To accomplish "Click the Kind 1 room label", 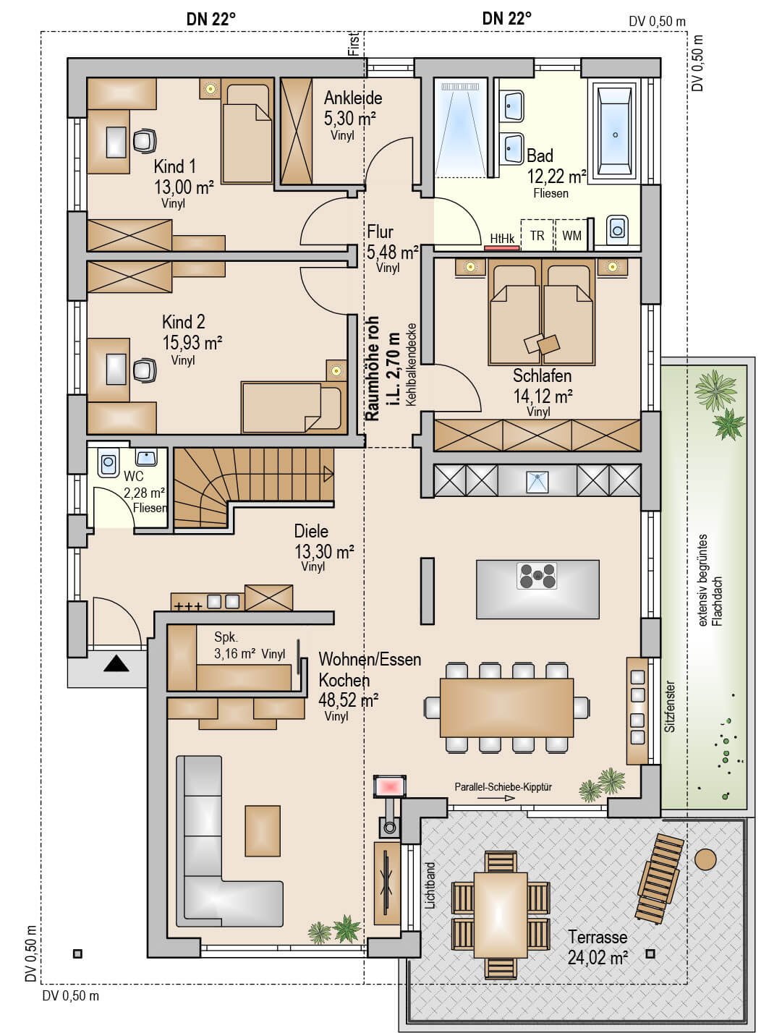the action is pyautogui.click(x=174, y=166).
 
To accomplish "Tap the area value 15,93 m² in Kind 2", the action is pyautogui.click(x=192, y=343).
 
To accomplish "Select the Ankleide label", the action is pyautogui.click(x=353, y=98).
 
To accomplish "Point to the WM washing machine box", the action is pyautogui.click(x=571, y=235).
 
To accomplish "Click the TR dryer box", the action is pyautogui.click(x=537, y=235).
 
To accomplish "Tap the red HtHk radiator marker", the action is pyautogui.click(x=502, y=247).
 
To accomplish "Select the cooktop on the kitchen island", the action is pyautogui.click(x=537, y=576).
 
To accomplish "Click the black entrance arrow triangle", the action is pyautogui.click(x=116, y=664).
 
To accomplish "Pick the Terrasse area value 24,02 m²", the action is pyautogui.click(x=598, y=958).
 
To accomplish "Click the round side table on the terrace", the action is pyautogui.click(x=705, y=859).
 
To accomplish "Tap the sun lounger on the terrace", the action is pyautogui.click(x=659, y=877).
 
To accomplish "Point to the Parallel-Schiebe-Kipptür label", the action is pyautogui.click(x=503, y=786).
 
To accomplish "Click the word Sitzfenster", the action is pyautogui.click(x=670, y=707).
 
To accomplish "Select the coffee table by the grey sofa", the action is pyautogui.click(x=263, y=831).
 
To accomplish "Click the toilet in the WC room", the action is pyautogui.click(x=109, y=462).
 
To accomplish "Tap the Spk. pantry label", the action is pyautogui.click(x=226, y=637).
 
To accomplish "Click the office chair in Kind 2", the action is pyautogui.click(x=145, y=370).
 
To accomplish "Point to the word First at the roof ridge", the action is pyautogui.click(x=354, y=44).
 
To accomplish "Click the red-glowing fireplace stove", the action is pyautogui.click(x=390, y=786).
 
